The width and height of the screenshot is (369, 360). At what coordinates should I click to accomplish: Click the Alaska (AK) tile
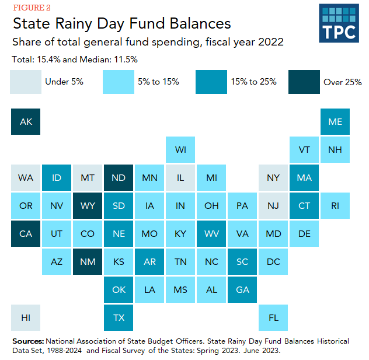pyautogui.click(x=26, y=121)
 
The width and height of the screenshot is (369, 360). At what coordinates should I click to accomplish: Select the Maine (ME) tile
pyautogui.click(x=335, y=121)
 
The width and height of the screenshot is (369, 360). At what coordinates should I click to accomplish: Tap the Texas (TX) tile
pyautogui.click(x=119, y=318)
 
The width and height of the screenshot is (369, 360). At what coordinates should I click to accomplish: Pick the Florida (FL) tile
pyautogui.click(x=273, y=318)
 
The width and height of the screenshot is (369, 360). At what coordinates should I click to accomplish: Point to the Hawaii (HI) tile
pyautogui.click(x=26, y=318)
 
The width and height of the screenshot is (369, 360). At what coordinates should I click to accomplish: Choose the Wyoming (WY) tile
pyautogui.click(x=88, y=205)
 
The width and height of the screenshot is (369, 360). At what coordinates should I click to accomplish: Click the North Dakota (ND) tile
pyautogui.click(x=119, y=177)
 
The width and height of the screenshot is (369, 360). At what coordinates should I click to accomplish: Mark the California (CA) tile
pyautogui.click(x=26, y=233)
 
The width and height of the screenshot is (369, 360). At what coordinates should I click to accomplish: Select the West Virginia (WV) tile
pyautogui.click(x=211, y=233)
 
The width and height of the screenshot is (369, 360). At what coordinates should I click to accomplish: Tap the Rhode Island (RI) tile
pyautogui.click(x=335, y=205)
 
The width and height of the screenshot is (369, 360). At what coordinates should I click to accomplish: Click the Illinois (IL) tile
pyautogui.click(x=180, y=177)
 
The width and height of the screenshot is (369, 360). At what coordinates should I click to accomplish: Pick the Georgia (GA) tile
pyautogui.click(x=242, y=289)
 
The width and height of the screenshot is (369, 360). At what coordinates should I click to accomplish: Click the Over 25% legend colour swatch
pyautogui.click(x=304, y=82)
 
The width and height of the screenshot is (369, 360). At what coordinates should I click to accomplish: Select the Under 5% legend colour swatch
pyautogui.click(x=26, y=82)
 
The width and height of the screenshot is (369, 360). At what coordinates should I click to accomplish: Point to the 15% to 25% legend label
pyautogui.click(x=254, y=82)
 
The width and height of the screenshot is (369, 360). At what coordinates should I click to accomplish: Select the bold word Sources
pyautogui.click(x=27, y=341)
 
